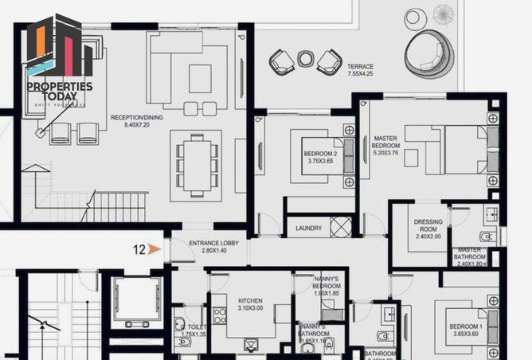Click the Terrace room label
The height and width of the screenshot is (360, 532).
coord(360,66)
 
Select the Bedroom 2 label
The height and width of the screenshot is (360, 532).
coord(319,154)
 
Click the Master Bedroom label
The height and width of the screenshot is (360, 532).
coord(386,143)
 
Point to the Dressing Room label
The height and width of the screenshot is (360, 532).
coord(428,228)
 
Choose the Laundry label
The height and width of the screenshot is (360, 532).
coord(307,229)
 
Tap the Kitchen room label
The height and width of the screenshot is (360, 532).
coord(250,302)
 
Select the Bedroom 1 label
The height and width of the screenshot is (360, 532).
coord(466,328)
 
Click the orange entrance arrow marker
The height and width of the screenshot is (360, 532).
coord(155,249)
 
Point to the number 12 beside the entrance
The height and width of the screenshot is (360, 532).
coord(139,249)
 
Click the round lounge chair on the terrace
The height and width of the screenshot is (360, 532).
coord(428,51)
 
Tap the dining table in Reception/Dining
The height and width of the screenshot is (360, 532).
coord(194,162)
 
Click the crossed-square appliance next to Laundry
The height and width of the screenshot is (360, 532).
coord(340,226)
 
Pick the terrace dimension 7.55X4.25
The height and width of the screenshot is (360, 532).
coord(360,74)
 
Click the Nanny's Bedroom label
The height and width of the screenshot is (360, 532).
coord(326,286)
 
